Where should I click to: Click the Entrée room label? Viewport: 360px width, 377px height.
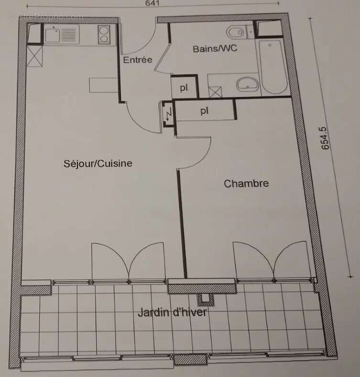pos(138,60)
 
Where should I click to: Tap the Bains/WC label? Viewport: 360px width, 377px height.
pos(215,49)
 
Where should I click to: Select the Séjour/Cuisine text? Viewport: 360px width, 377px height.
pos(98,163)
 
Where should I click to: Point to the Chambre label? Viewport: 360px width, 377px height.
pos(246,183)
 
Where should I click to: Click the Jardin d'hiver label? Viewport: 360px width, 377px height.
pos(172,313)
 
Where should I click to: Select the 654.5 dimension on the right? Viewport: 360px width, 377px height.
pos(326,138)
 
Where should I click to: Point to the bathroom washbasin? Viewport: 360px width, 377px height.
pos(247,85)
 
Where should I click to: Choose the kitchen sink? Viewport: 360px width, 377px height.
pos(53,33)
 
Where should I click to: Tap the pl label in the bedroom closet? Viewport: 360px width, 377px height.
pos(205,111)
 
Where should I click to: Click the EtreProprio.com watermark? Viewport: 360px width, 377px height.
pos(45,16)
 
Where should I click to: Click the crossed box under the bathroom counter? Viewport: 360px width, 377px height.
pos(216,91)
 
